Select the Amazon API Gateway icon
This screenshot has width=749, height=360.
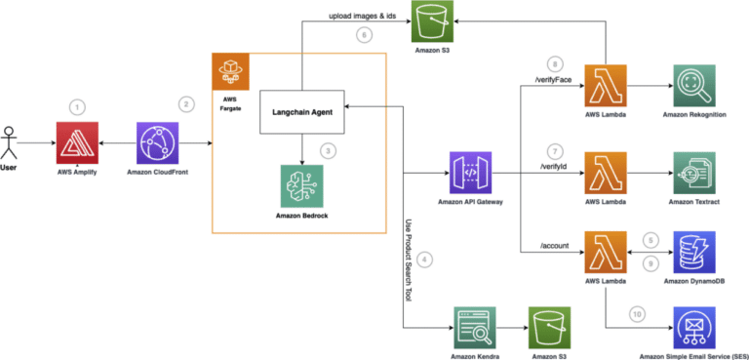pos(469,173)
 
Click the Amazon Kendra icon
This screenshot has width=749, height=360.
pos(474,326)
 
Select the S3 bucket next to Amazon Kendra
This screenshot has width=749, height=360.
pos(548,326)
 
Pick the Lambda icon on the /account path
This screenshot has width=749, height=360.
pos(603,255)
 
